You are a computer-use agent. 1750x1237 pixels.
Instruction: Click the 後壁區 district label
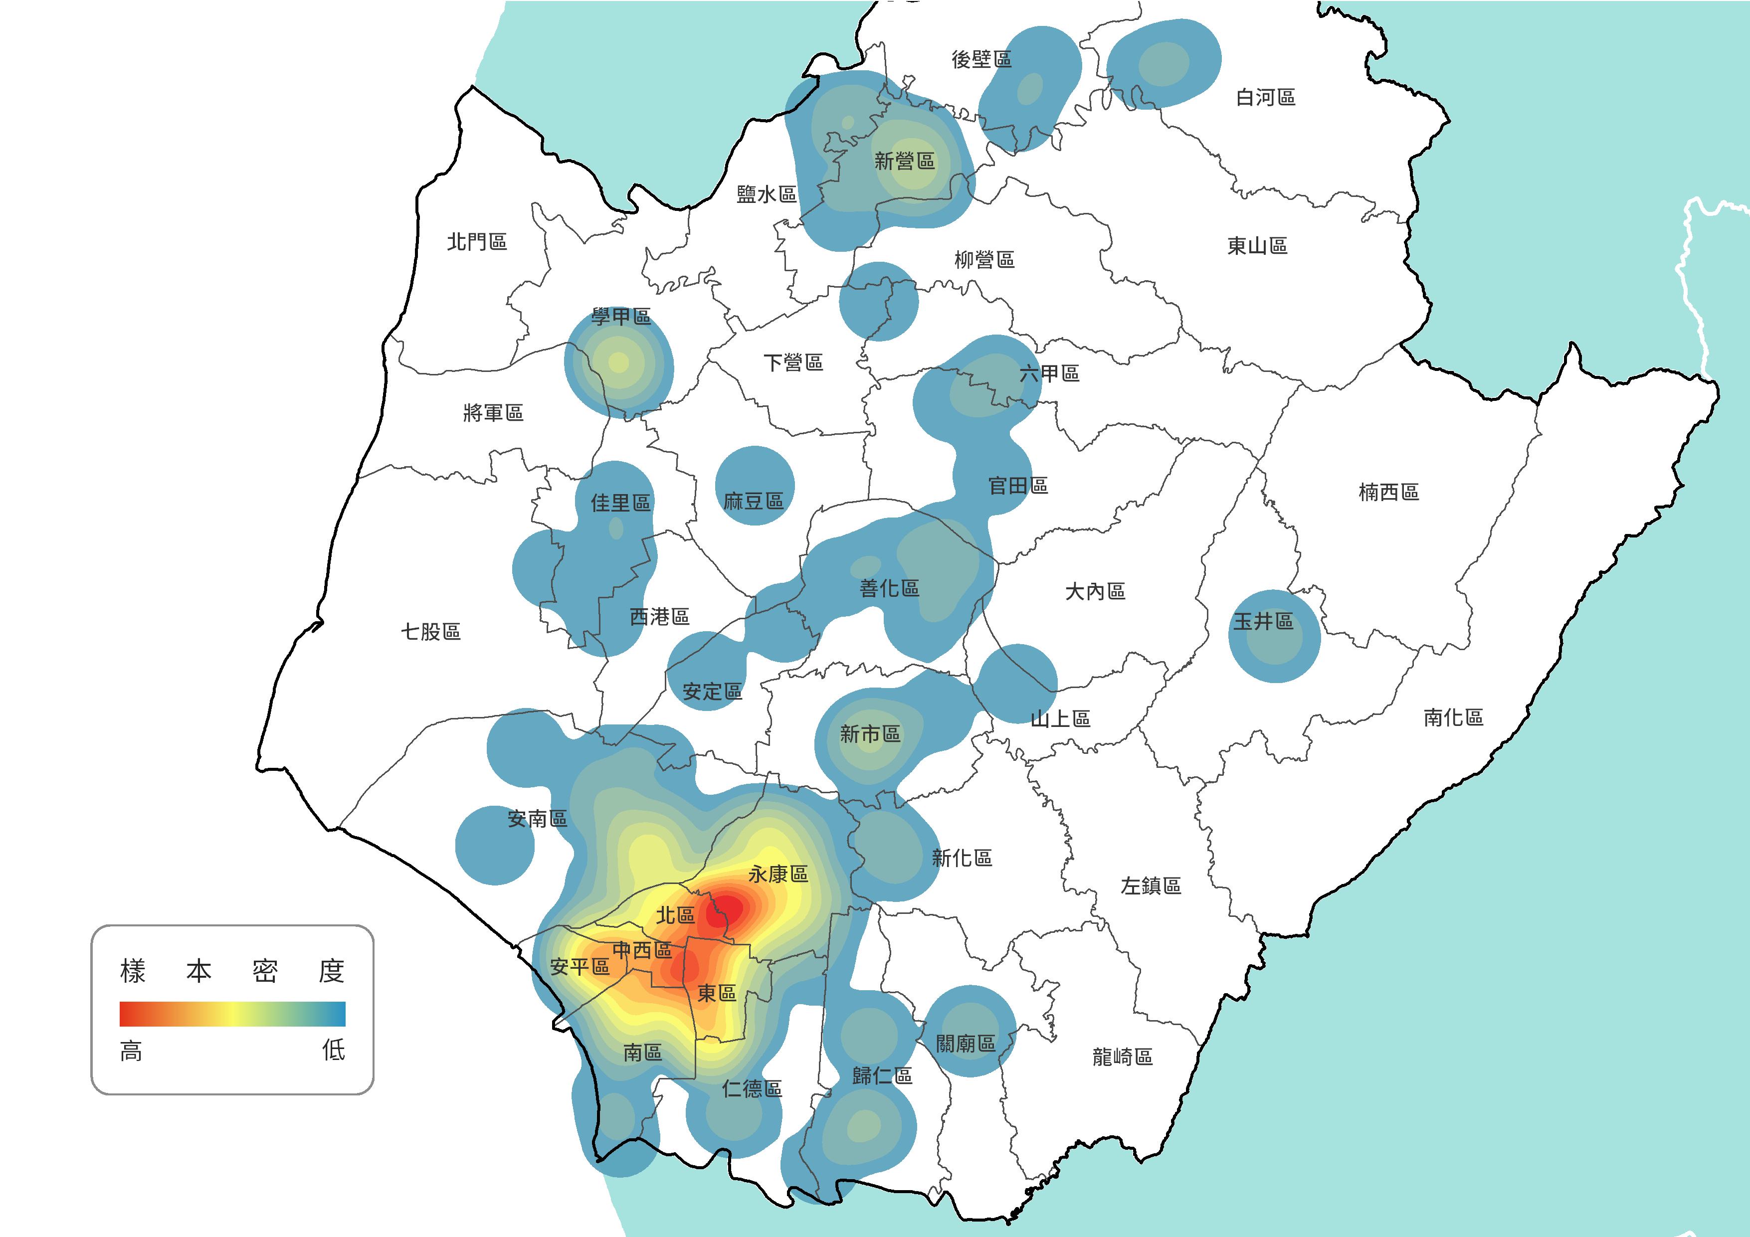[x=981, y=59]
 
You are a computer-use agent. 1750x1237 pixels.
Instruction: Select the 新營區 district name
[x=904, y=161]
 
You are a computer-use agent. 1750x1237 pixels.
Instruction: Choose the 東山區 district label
[x=1257, y=245]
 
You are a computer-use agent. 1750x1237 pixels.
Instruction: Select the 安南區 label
[x=537, y=819]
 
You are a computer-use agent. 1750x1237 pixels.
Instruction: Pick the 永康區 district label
[x=778, y=874]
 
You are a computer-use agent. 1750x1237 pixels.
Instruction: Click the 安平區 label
[x=580, y=966]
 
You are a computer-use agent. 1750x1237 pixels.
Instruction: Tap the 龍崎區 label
[x=1122, y=1057]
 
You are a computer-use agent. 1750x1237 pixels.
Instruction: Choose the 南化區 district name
[x=1453, y=717]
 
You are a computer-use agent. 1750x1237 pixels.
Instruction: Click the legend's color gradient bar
[x=232, y=1014]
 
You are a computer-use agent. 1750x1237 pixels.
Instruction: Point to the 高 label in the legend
[x=131, y=1052]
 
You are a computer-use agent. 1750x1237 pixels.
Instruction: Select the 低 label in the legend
[x=333, y=1050]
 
